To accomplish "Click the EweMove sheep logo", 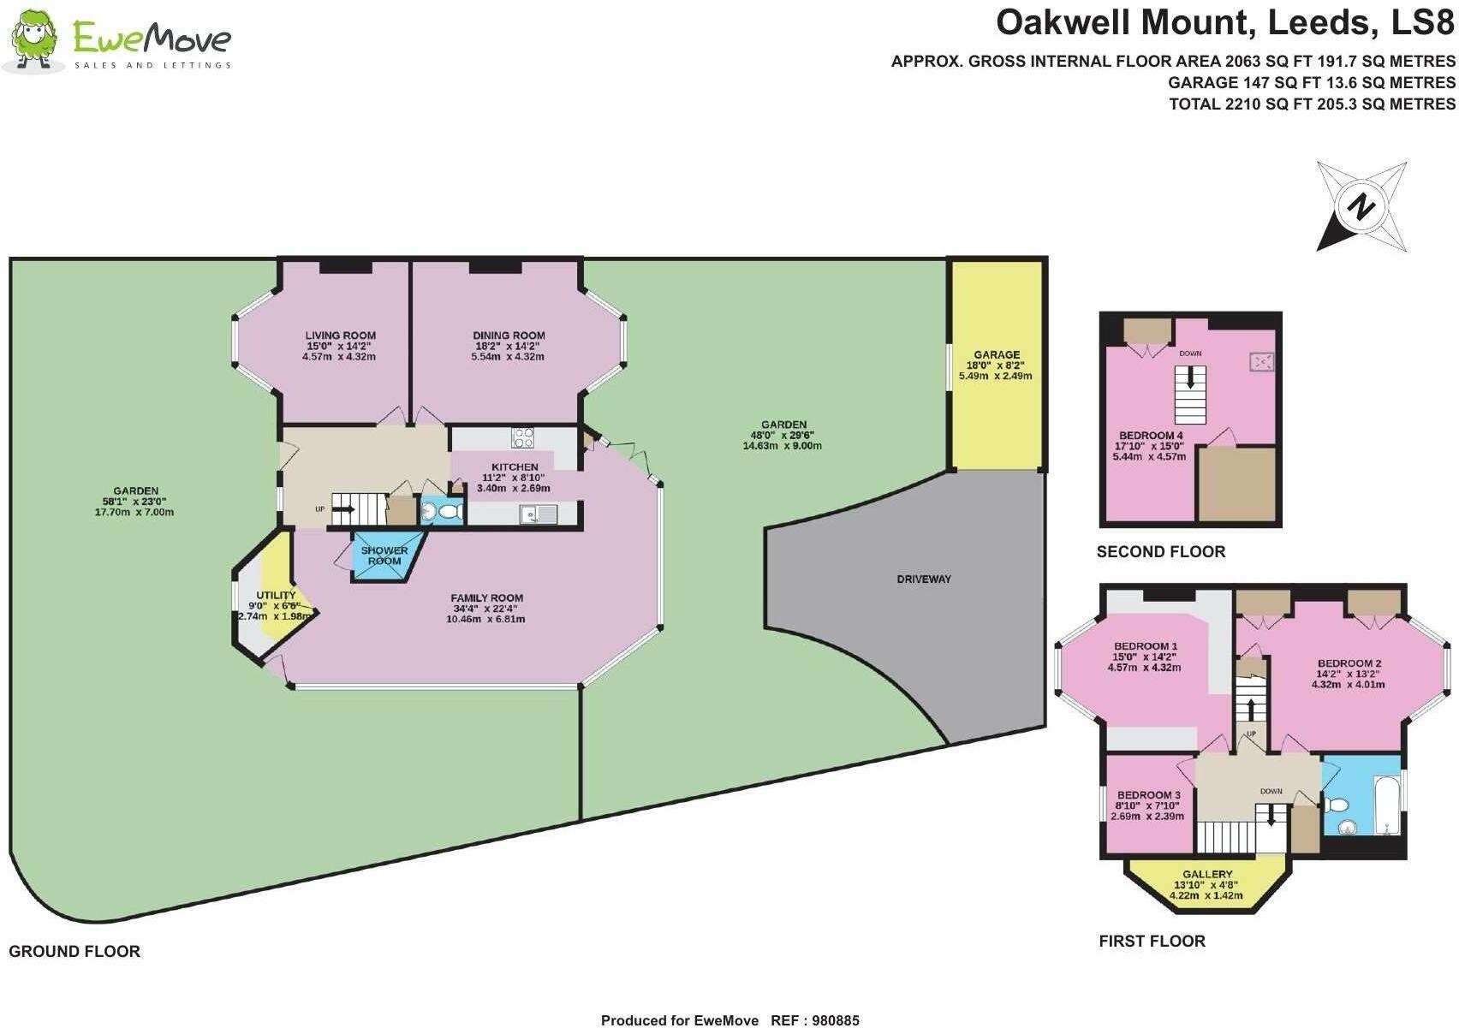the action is point(33,40).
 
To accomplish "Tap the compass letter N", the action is point(1361,207).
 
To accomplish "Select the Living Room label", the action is point(341,336).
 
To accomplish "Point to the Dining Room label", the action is point(509,336).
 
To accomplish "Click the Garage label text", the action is point(997,354).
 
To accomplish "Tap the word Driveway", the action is point(924,579).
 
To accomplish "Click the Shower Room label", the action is point(384,556).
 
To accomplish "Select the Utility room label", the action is point(276,595).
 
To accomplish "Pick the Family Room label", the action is point(486,598).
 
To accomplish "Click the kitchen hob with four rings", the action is point(522,437).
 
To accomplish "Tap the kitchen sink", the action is point(537,514).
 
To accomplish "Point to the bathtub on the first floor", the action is point(1386,804).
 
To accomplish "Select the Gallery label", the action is point(1207,875).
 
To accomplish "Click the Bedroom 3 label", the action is point(1148,795).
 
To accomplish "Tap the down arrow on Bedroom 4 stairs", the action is point(1189,377).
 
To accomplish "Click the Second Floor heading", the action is point(1160,552).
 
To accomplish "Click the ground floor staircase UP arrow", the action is point(346,509).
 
